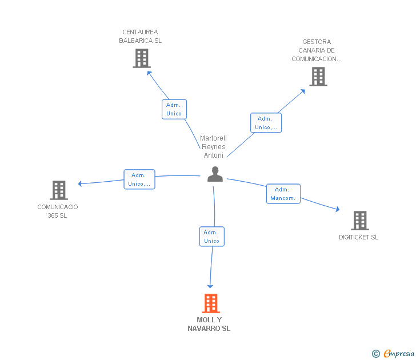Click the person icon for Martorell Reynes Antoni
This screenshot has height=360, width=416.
click(x=215, y=174)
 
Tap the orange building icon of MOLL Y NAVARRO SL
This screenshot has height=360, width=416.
click(x=211, y=303)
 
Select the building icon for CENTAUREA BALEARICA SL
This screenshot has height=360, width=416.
click(x=142, y=58)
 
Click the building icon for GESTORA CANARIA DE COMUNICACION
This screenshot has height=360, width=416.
click(x=318, y=77)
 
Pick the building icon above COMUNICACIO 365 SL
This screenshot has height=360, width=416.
click(x=59, y=190)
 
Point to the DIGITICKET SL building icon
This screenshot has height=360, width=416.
click(x=360, y=221)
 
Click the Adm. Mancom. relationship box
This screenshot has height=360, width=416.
click(x=283, y=194)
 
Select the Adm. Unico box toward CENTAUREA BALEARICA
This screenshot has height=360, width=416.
click(x=174, y=109)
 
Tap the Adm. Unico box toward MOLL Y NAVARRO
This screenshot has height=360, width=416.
click(x=211, y=237)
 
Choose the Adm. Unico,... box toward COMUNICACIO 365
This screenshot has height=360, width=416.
click(x=139, y=179)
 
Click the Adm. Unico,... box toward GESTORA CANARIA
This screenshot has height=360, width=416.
click(x=266, y=122)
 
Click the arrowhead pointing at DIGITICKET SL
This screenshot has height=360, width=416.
click(x=338, y=209)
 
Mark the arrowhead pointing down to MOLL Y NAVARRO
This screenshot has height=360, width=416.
click(x=210, y=286)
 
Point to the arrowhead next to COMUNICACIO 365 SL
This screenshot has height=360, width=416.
click(x=80, y=183)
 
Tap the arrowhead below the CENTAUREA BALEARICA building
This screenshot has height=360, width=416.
click(x=149, y=73)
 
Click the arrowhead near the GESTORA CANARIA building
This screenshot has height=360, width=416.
click(x=303, y=91)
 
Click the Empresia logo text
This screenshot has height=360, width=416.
click(x=399, y=353)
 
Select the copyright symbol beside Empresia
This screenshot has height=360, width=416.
click(x=376, y=354)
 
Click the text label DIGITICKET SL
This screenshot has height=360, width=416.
click(x=358, y=237)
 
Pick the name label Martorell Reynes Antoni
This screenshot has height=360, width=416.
click(x=213, y=147)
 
